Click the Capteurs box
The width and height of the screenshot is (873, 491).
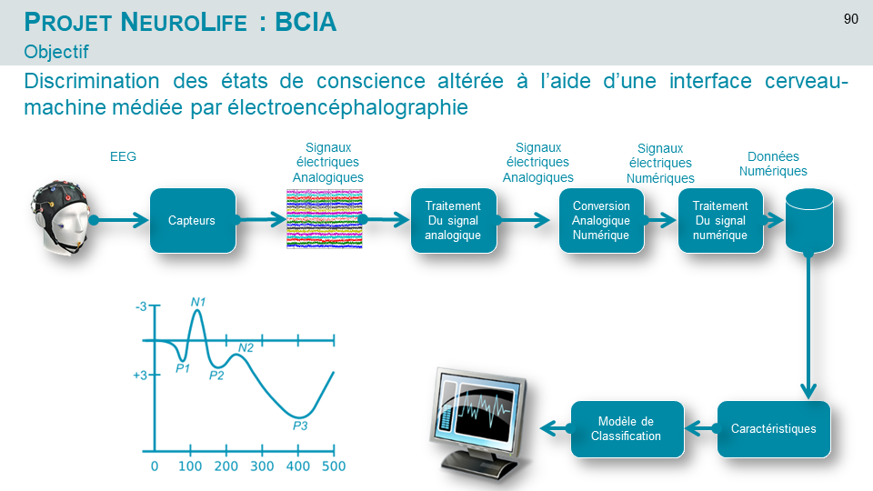pyautogui.click(x=193, y=220)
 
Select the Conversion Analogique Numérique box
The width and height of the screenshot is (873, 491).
pyautogui.click(x=601, y=220)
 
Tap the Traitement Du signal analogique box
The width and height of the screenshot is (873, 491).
pyautogui.click(x=453, y=220)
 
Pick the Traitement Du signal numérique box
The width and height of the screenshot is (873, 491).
pyautogui.click(x=720, y=220)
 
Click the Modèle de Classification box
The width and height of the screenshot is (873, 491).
pyautogui.click(x=627, y=429)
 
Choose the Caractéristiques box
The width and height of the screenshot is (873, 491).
pyautogui.click(x=774, y=429)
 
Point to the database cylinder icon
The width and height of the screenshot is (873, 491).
pyautogui.click(x=809, y=220)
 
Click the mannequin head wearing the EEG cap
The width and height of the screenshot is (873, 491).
pyautogui.click(x=60, y=217)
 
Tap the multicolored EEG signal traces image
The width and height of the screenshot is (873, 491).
pyautogui.click(x=325, y=219)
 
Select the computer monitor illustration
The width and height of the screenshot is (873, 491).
pyautogui.click(x=480, y=423)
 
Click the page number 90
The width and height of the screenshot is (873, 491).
pyautogui.click(x=851, y=19)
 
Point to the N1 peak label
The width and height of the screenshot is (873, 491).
pyautogui.click(x=198, y=302)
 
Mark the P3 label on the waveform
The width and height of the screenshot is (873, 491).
pyautogui.click(x=300, y=426)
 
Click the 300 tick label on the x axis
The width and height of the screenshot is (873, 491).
pyautogui.click(x=262, y=466)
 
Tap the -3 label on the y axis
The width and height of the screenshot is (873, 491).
pyautogui.click(x=141, y=306)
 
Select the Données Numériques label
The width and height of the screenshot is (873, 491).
pyautogui.click(x=773, y=164)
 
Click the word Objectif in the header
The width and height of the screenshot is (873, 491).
pyautogui.click(x=56, y=52)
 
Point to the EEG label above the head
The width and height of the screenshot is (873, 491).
pyautogui.click(x=123, y=156)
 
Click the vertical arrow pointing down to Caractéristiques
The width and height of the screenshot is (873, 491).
pyautogui.click(x=809, y=326)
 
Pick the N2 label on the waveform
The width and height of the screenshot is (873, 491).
pyautogui.click(x=246, y=348)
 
